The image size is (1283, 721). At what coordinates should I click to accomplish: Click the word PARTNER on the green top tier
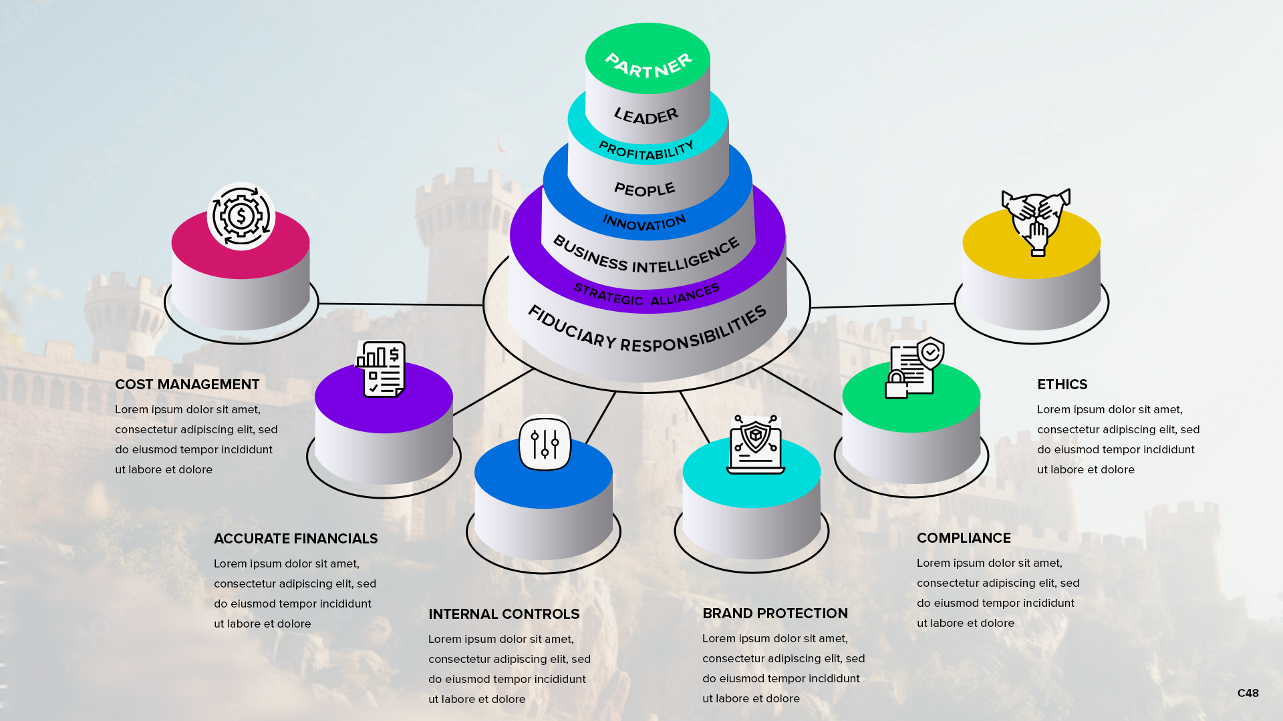[648, 65]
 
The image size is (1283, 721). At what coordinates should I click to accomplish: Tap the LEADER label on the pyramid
[646, 116]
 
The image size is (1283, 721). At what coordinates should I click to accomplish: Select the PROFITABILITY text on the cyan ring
[646, 151]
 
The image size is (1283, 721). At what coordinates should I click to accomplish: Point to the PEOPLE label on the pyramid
[645, 190]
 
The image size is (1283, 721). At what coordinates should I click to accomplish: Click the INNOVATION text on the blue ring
[644, 222]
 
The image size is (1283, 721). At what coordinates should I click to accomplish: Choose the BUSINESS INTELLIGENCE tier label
[646, 256]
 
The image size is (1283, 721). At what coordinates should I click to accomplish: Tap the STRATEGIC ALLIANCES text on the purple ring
[646, 294]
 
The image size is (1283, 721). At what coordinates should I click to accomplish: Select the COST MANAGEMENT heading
[187, 385]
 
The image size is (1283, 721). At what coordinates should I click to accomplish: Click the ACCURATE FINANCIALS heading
[295, 539]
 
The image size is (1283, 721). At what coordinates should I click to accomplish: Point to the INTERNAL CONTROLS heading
[504, 614]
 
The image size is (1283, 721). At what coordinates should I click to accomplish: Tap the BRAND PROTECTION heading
[774, 614]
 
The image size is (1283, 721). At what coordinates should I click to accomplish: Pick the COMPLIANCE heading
[964, 538]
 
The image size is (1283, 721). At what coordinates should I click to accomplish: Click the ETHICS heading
[1062, 385]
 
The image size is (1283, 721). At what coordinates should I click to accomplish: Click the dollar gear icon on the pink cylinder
[241, 216]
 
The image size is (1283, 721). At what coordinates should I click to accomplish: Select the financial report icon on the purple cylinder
[381, 369]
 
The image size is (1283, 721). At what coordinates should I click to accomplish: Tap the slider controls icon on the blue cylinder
[545, 443]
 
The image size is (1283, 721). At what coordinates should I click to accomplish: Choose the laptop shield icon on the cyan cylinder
[756, 445]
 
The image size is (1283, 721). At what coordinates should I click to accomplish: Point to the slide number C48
[1248, 693]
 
